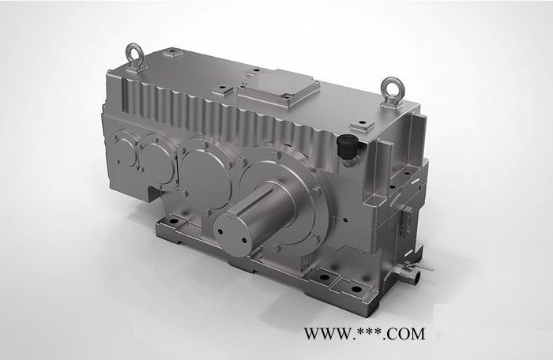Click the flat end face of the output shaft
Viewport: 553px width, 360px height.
(x=231, y=234)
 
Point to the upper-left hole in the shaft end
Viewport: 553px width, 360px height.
(x=220, y=231)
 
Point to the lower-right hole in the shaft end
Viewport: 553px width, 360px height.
(x=244, y=241)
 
